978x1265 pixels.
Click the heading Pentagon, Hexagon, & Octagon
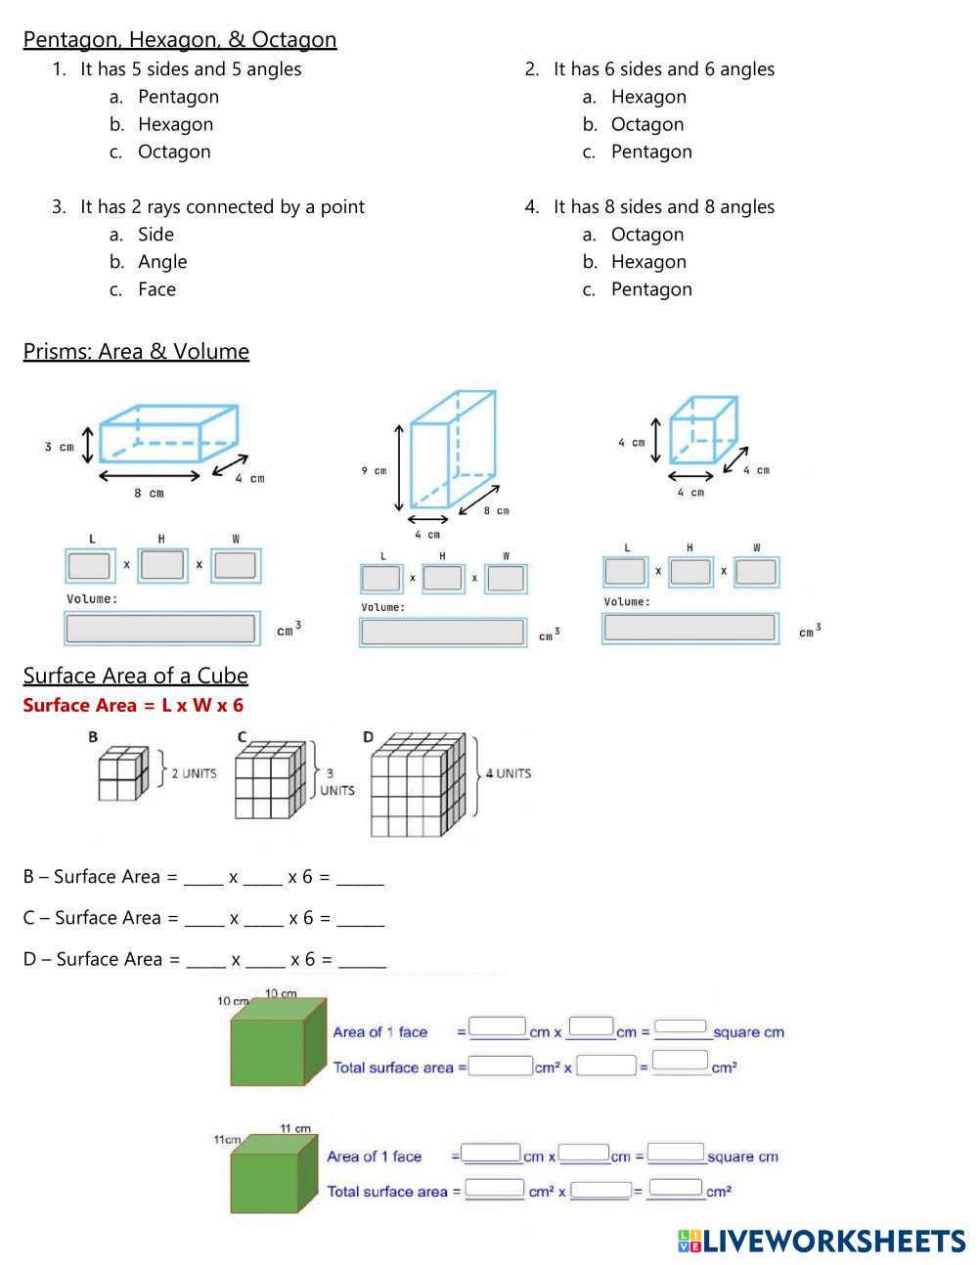180,40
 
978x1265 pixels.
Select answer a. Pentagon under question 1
178,97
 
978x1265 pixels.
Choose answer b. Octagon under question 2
646,124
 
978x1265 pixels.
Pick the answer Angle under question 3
162,262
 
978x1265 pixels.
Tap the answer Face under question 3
156,289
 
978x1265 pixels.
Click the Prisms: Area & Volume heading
136,351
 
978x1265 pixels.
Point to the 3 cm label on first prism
59,447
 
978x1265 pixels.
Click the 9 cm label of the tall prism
374,470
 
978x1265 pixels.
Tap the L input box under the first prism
90,566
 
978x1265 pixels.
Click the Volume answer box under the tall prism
442,632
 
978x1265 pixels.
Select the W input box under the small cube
756,572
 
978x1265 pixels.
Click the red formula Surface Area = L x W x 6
133,705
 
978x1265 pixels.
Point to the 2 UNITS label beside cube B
194,773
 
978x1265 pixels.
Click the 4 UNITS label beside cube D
509,773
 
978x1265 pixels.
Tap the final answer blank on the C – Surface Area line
360,919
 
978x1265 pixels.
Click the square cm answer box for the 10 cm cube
681,1026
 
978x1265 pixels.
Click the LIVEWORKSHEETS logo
822,1242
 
